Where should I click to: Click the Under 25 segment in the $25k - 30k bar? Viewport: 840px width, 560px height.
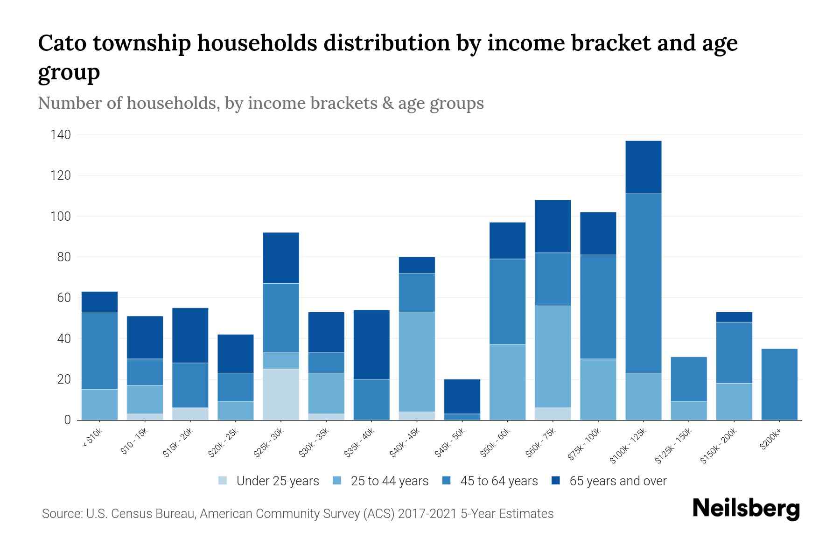point(281,394)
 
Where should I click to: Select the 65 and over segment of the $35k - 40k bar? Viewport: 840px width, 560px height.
point(371,344)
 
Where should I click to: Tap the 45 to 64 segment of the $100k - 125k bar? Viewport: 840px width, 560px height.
point(644,283)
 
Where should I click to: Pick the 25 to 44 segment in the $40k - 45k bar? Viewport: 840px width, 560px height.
point(417,362)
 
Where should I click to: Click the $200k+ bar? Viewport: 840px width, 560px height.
point(779,385)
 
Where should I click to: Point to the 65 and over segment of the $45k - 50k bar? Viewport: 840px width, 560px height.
point(462,396)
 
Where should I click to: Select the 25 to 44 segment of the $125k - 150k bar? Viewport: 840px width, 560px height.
point(689,411)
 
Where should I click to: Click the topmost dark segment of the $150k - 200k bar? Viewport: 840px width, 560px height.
point(734,317)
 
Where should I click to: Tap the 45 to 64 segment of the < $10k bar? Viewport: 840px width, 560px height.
point(99,350)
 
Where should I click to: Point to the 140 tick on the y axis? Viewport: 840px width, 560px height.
point(61,135)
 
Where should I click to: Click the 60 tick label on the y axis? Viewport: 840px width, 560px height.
point(64,298)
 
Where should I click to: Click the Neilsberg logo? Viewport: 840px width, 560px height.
point(746,509)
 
